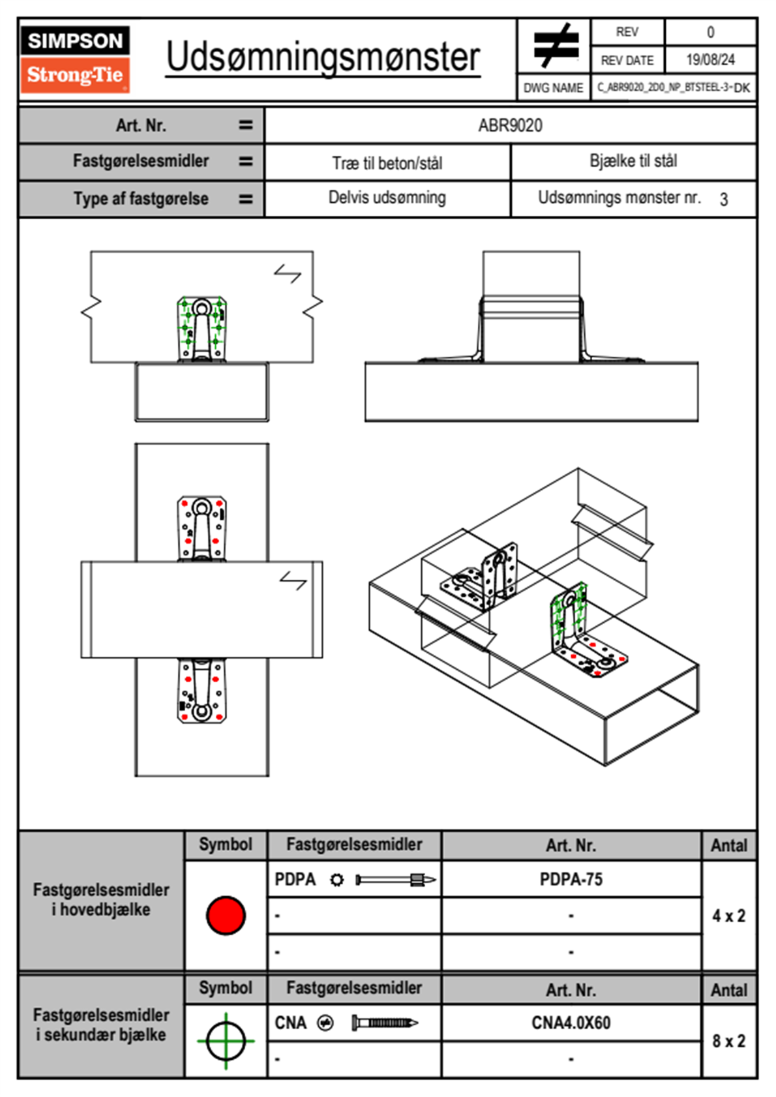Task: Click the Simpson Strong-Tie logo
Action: pos(75,59)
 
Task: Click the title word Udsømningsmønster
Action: pos(323,57)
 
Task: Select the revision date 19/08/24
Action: pos(710,60)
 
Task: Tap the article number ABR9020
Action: pos(510,125)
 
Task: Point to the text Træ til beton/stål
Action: pos(387,163)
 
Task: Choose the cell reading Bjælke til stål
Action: pos(633,161)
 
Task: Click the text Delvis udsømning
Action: pos(387,198)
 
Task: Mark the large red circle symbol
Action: pos(226,915)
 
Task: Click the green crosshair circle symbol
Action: pos(226,1041)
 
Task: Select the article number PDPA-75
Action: pos(571,880)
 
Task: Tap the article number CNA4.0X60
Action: pos(571,1023)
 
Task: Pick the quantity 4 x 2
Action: pos(728,916)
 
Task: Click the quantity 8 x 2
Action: pos(728,1041)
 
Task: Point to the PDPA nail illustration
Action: pos(396,880)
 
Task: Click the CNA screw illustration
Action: pos(385,1023)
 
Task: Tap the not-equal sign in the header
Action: pos(556,46)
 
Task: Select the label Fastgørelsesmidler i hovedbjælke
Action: pos(101,899)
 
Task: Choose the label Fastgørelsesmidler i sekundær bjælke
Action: pos(101,1025)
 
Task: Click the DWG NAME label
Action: pos(553,88)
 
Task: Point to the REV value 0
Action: pos(710,32)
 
